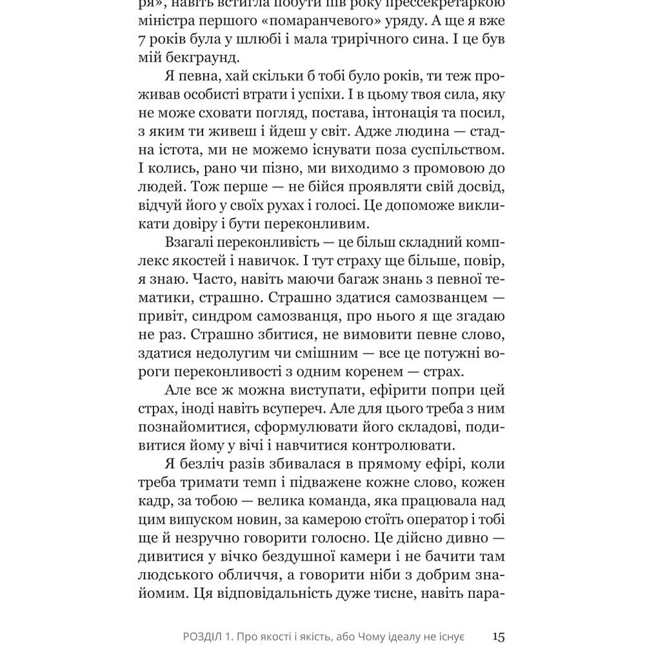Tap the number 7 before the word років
coord(143,39)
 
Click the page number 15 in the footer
coord(498,637)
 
